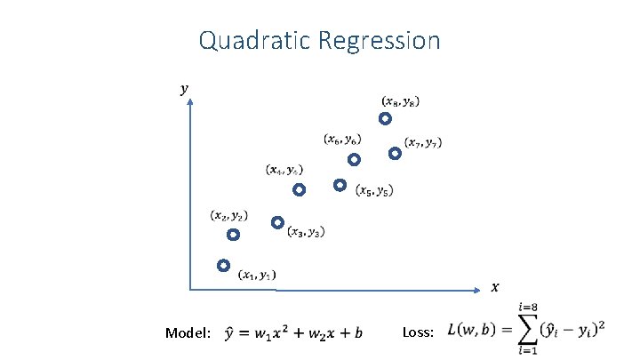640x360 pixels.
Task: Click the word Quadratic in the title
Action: pyautogui.click(x=253, y=41)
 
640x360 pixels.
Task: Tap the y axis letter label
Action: pyautogui.click(x=184, y=88)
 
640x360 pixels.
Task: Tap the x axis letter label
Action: pyautogui.click(x=495, y=286)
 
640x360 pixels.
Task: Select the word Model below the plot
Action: pyautogui.click(x=188, y=333)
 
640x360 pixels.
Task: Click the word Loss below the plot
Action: pyautogui.click(x=417, y=332)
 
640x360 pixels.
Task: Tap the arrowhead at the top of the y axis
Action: pyautogui.click(x=190, y=100)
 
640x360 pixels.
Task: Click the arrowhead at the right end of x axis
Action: pyautogui.click(x=480, y=288)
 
